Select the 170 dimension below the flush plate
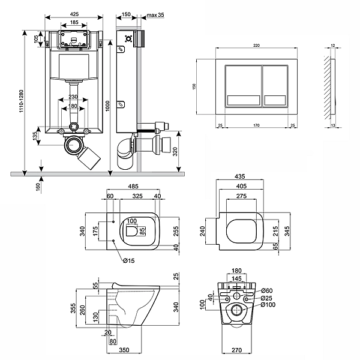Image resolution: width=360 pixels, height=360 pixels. click(x=257, y=125)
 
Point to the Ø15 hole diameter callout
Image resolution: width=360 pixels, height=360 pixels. click(x=128, y=260)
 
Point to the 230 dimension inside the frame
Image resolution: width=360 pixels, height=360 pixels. click(x=73, y=97)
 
